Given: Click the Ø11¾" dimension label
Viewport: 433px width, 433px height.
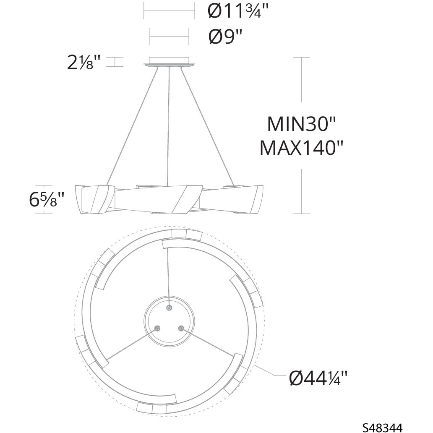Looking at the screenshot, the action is coord(238,12).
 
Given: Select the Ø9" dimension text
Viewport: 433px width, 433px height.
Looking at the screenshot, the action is coord(225,37).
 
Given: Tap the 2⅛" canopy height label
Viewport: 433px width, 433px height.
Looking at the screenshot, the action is coord(83,63).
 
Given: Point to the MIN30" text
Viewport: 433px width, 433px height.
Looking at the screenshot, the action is coord(301,124).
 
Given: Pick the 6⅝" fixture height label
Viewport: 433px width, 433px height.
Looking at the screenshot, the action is coord(47,199).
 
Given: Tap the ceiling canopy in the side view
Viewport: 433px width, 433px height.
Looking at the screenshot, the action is coord(169,62).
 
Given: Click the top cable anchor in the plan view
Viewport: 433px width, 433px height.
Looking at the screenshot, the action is coord(169,308).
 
